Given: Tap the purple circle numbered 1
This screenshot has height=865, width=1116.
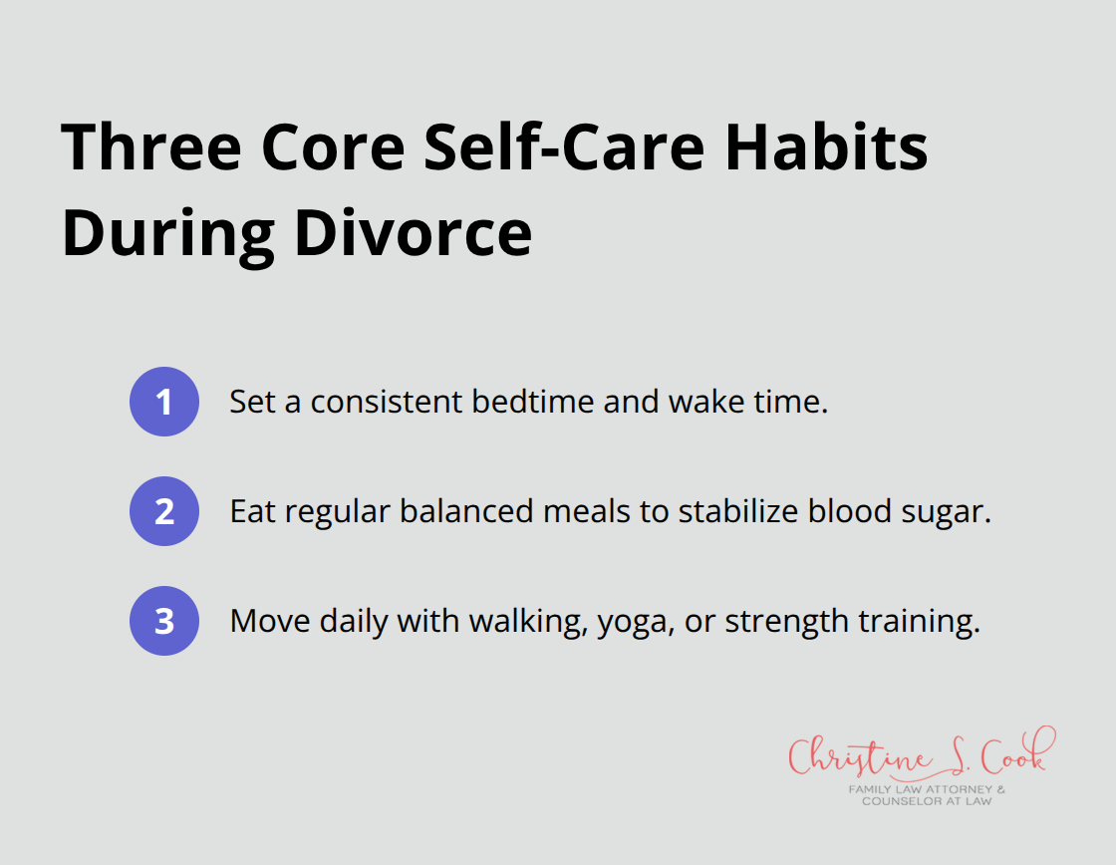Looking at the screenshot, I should pyautogui.click(x=164, y=402).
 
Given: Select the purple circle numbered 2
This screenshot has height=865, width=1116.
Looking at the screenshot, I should pyautogui.click(x=164, y=511).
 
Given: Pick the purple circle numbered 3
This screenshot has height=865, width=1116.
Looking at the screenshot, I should pyautogui.click(x=164, y=621).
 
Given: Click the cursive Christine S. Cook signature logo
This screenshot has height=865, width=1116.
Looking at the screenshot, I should pyautogui.click(x=917, y=757).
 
